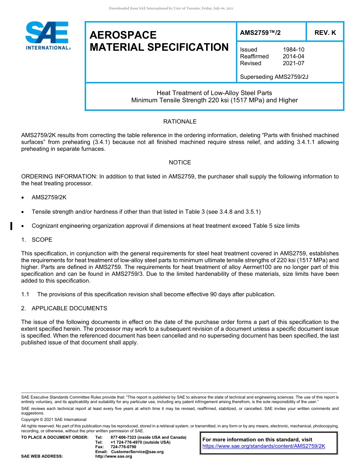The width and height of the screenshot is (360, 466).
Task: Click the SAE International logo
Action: point(47,36)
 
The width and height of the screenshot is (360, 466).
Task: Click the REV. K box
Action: point(325,33)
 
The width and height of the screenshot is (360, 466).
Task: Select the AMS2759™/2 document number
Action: point(260,33)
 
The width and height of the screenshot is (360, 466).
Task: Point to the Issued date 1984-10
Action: point(293,50)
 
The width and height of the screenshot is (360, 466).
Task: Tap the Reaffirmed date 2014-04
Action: point(293,56)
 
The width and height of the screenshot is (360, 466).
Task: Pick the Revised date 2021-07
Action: point(293,63)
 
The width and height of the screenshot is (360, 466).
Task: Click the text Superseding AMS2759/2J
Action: point(274,77)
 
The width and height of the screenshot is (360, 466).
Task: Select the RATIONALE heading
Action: point(180,122)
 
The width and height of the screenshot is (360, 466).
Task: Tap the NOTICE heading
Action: point(180,163)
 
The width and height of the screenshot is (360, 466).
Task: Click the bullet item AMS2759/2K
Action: point(49,198)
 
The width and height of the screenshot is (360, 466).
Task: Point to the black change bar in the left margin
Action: point(11,226)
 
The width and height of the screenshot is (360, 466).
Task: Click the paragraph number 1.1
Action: point(25,294)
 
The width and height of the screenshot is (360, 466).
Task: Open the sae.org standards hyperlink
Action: point(264,446)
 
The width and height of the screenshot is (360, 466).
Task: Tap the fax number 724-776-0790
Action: point(123,447)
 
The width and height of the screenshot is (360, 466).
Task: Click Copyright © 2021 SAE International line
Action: point(54,419)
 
